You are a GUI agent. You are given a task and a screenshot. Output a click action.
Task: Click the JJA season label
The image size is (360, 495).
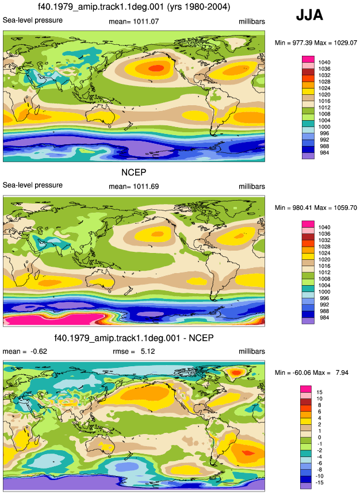309,15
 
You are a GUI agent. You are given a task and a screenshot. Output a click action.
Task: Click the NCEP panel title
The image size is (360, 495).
134,172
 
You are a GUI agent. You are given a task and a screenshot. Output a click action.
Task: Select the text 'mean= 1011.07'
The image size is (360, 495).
134,22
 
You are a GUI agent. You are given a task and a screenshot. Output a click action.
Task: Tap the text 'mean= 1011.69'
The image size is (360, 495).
134,187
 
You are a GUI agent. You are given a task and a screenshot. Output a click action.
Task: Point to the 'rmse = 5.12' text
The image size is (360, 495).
134,351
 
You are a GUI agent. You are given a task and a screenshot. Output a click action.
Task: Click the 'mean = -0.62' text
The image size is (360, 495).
25,351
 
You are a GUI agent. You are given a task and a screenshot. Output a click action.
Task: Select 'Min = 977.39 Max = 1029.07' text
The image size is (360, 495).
316,43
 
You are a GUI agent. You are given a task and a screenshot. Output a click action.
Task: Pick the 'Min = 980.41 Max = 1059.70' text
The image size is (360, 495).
316,208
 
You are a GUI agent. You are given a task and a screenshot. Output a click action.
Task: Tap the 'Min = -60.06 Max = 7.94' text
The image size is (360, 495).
312,373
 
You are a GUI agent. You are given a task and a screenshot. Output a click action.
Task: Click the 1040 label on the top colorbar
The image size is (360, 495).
324,63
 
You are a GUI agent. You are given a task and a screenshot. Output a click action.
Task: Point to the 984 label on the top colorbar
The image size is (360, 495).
324,153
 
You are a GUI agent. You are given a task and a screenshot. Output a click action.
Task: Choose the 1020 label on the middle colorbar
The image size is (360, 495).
324,259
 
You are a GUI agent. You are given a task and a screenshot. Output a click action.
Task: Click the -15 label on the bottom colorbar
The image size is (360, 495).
320,483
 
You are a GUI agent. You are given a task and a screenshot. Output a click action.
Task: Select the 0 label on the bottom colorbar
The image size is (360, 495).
320,438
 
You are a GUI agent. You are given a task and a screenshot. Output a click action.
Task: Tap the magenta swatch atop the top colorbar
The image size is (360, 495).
308,59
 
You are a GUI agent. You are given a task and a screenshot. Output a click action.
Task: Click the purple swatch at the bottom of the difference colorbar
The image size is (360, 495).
306,486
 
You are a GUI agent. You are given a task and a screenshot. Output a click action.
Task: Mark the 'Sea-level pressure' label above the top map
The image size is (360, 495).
33,20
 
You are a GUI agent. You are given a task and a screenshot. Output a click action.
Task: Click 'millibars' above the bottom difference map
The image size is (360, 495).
252,351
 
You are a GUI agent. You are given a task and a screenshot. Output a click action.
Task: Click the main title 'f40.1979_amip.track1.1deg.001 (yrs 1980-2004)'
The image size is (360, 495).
134,7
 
